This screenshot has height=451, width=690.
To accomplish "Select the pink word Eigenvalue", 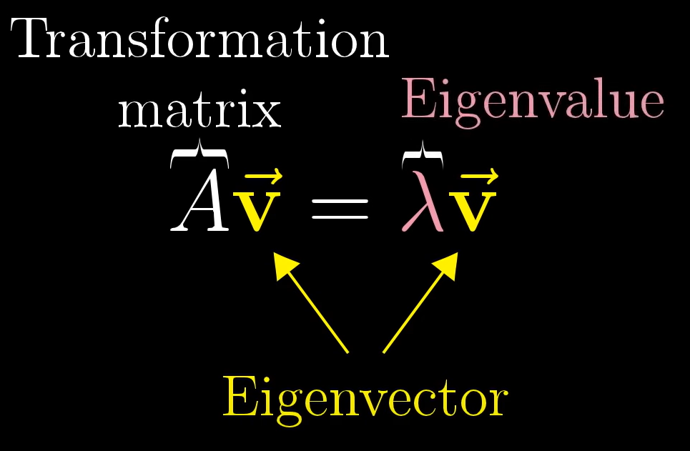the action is coord(533,101).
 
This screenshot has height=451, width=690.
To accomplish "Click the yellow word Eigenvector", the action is coord(365,397).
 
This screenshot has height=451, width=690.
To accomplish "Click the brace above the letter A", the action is coord(199,153).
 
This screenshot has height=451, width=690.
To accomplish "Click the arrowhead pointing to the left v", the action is coord(285,267).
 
